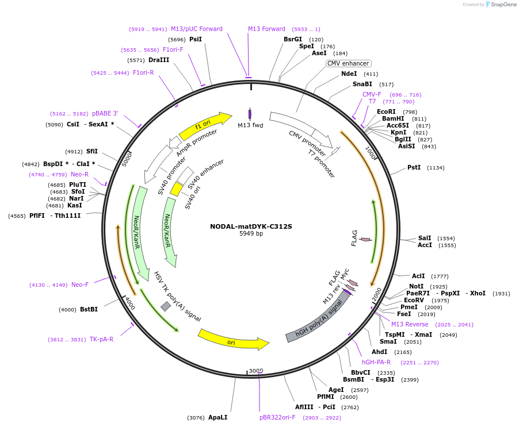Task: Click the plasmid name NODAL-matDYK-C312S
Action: [x=251, y=226]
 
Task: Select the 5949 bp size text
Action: [x=251, y=233]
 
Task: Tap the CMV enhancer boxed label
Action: [x=348, y=63]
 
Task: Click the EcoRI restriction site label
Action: [x=386, y=111]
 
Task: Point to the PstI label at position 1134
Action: [x=414, y=167]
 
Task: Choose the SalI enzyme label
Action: [x=425, y=238]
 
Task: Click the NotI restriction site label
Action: [x=416, y=286]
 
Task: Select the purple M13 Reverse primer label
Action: [x=410, y=324]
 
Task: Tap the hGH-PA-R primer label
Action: [x=376, y=362]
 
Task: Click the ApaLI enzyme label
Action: [x=217, y=417]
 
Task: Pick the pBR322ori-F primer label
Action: [x=277, y=417]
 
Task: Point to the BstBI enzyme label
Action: [x=89, y=309]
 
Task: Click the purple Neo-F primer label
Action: [x=80, y=284]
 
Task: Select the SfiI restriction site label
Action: [x=92, y=152]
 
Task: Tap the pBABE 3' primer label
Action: [x=105, y=113]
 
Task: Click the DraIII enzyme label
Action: [x=159, y=60]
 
